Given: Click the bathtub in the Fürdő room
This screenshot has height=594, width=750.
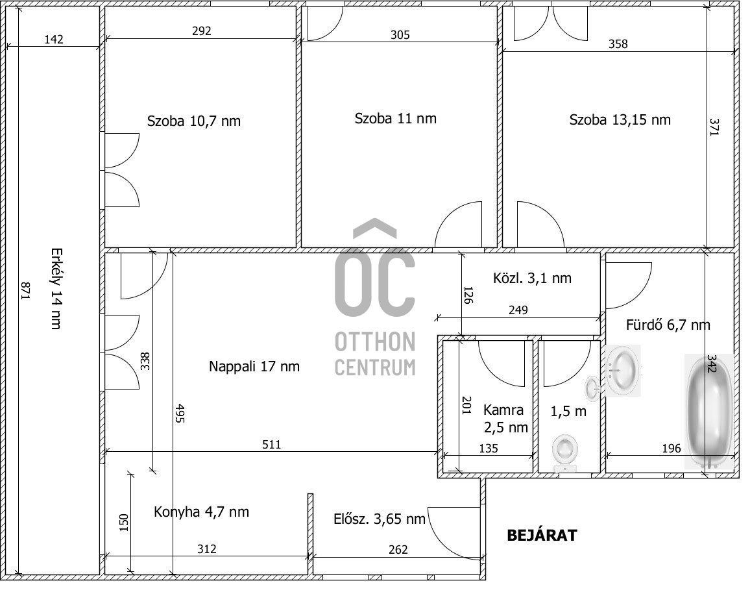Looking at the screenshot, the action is [x=709, y=412].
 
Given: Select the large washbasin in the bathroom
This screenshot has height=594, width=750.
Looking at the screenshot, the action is [x=623, y=371].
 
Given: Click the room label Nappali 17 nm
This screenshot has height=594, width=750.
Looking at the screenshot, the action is [x=254, y=367].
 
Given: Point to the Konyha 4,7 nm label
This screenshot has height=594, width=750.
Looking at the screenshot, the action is [x=201, y=512].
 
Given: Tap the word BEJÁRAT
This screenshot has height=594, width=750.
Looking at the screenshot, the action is [x=542, y=535].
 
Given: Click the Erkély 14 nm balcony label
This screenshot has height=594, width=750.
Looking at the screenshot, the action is [x=56, y=288].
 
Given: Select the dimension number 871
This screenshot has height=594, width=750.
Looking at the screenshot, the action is [x=25, y=291].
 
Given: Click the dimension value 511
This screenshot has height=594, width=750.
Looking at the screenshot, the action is [x=271, y=445].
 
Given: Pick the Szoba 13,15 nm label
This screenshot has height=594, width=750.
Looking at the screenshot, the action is [x=620, y=119].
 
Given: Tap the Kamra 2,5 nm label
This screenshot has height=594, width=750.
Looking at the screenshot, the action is [x=505, y=418].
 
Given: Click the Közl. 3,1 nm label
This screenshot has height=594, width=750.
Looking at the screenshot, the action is [x=532, y=278].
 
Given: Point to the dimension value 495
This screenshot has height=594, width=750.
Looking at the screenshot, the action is [x=179, y=413].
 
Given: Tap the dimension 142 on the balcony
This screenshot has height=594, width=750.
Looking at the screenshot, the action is [x=54, y=39].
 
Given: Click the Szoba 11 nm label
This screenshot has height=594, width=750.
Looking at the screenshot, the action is [x=395, y=118].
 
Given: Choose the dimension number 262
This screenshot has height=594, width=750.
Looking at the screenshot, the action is [x=398, y=549].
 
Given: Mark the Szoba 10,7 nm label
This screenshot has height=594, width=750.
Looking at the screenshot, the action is [x=194, y=121].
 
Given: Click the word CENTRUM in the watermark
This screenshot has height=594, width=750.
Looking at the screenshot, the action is [x=374, y=367].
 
